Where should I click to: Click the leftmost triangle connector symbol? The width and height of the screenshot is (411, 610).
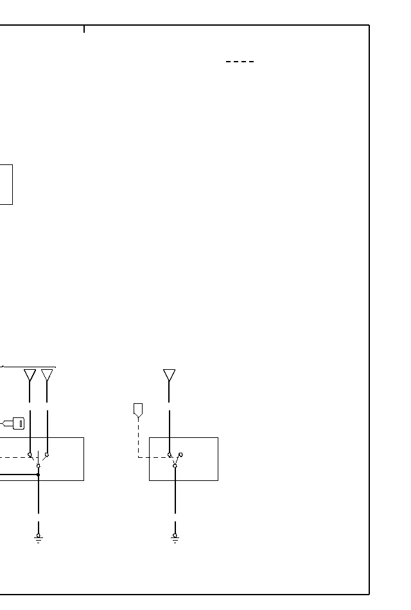pyautogui.click(x=30, y=375)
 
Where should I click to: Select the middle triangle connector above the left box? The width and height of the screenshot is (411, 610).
pyautogui.click(x=47, y=375)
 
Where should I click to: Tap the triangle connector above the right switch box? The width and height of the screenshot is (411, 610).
pyautogui.click(x=169, y=375)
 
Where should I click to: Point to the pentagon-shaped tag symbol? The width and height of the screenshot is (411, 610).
pyautogui.click(x=138, y=410)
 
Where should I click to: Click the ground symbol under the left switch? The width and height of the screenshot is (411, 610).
pyautogui.click(x=39, y=538)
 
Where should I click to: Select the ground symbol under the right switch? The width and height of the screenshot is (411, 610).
pyautogui.click(x=175, y=538)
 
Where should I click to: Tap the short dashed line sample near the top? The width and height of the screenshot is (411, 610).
pyautogui.click(x=240, y=62)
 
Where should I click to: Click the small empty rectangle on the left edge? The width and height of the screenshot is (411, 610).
pyautogui.click(x=6, y=184)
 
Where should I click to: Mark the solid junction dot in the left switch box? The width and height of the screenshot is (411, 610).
pyautogui.click(x=39, y=475)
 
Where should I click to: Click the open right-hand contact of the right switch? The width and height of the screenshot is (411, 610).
pyautogui.click(x=180, y=455)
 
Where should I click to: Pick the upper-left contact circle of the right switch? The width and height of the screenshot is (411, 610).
pyautogui.click(x=170, y=455)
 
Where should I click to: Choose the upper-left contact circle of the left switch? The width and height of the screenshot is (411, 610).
pyautogui.click(x=30, y=455)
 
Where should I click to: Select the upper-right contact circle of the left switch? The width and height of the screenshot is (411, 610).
pyautogui.click(x=47, y=455)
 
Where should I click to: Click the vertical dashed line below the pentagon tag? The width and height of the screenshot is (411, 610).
pyautogui.click(x=138, y=437)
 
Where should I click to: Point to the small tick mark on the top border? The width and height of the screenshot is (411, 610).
pyautogui.click(x=84, y=29)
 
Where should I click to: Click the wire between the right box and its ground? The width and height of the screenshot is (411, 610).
pyautogui.click(x=175, y=498)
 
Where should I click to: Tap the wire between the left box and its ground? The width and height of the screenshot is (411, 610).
pyautogui.click(x=39, y=498)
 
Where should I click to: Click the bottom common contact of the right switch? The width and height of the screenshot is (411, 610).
pyautogui.click(x=175, y=466)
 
